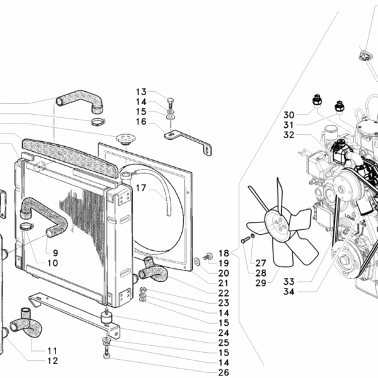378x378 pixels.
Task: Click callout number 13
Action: point(140,91)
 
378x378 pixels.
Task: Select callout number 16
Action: point(140,122)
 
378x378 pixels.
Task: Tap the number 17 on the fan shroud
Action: point(140,188)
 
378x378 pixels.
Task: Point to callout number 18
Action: point(224,254)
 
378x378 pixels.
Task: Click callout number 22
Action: point(224,294)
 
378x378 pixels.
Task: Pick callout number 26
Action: point(224,373)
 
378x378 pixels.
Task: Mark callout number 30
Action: point(289,115)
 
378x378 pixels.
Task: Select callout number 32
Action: point(289,135)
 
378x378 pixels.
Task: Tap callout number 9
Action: point(55,253)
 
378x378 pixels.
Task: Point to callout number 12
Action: point(52,361)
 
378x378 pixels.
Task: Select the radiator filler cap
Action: point(124,138)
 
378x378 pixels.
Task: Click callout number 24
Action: point(224,333)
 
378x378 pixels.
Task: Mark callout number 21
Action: point(224,283)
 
